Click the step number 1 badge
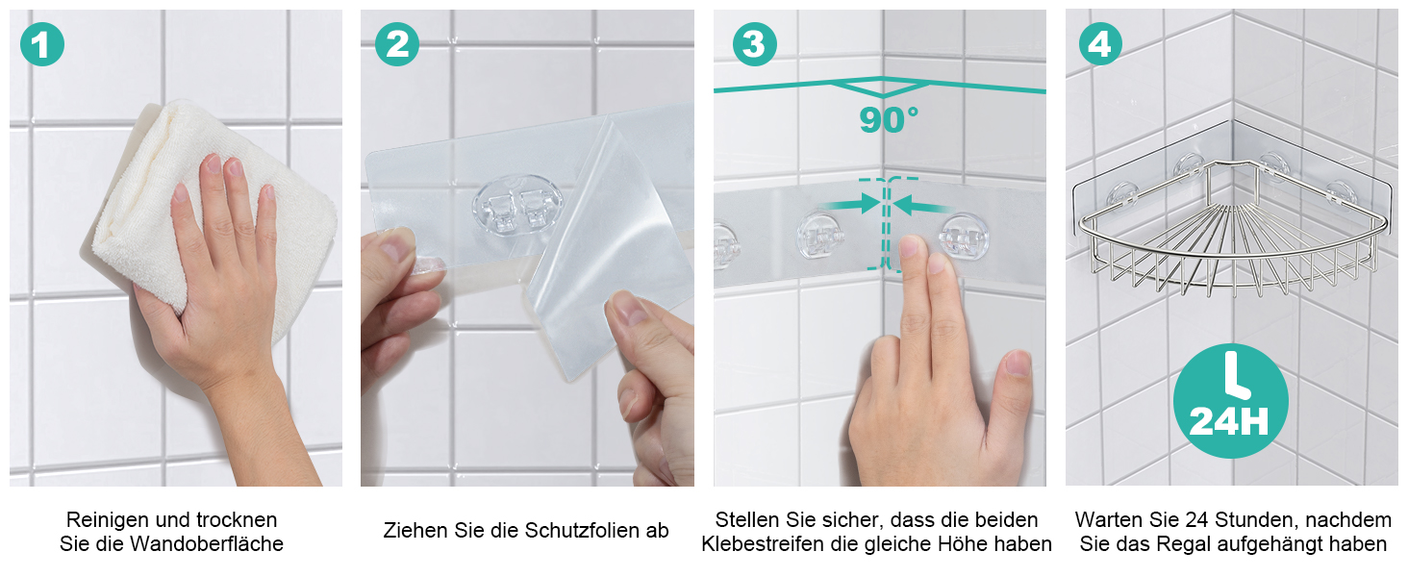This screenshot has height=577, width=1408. coord(42,44)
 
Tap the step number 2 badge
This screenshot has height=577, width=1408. coord(396,44)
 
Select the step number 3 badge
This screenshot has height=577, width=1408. coord(754,44)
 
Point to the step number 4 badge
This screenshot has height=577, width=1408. coord(1100,44)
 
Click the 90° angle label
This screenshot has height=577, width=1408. coord(888,119)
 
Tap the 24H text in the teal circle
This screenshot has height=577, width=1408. coord(1229,422)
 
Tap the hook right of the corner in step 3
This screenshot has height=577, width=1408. coord(963,238)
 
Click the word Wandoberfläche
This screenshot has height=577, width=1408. coord(206,543)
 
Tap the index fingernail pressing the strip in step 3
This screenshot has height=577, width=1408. coord(909,246)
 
